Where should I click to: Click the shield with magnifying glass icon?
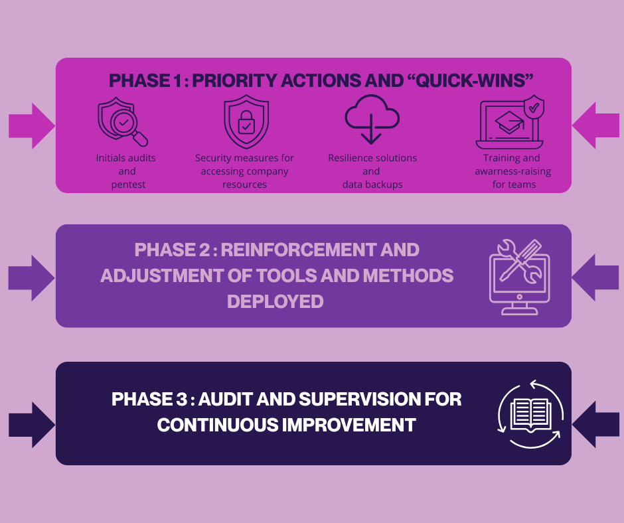point(121,122)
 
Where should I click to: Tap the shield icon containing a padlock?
point(246,122)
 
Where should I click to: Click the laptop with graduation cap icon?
point(510,123)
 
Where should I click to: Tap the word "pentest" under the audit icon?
point(129,185)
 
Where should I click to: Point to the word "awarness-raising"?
point(512,171)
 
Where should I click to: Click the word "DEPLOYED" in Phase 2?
point(275,301)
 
